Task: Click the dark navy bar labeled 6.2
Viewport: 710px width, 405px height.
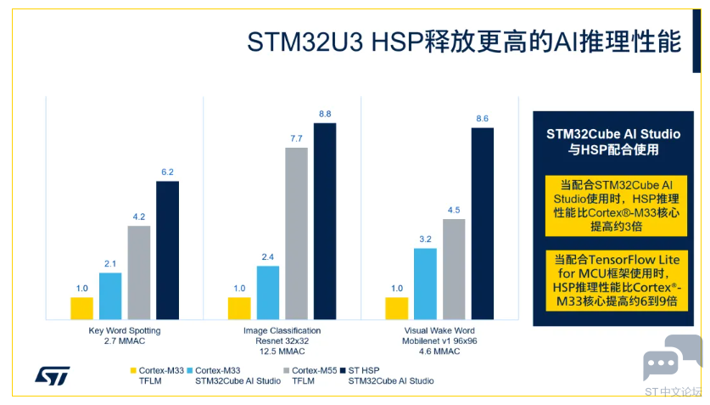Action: point(167,250)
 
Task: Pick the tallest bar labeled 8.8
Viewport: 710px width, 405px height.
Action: point(325,222)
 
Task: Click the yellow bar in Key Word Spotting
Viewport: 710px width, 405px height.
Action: point(82,308)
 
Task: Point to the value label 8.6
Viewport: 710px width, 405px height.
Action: point(482,119)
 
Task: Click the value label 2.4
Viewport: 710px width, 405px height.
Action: point(267,257)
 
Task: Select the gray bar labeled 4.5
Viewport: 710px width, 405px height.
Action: point(454,269)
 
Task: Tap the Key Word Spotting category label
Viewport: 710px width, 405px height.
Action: point(125,330)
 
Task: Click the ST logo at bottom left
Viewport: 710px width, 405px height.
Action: point(53,374)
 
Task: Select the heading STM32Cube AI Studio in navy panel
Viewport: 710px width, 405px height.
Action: point(613,134)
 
